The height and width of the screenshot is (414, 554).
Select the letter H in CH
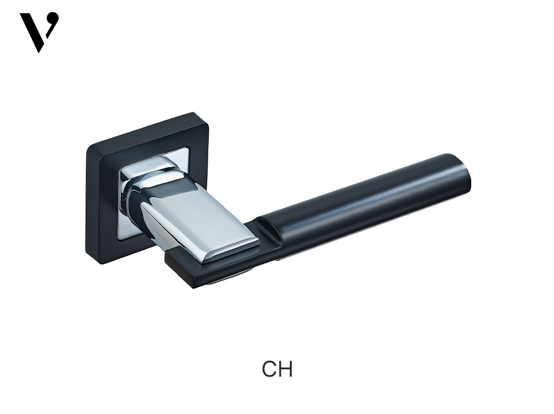pos(285,369)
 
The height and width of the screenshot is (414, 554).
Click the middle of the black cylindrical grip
pos(364,208)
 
